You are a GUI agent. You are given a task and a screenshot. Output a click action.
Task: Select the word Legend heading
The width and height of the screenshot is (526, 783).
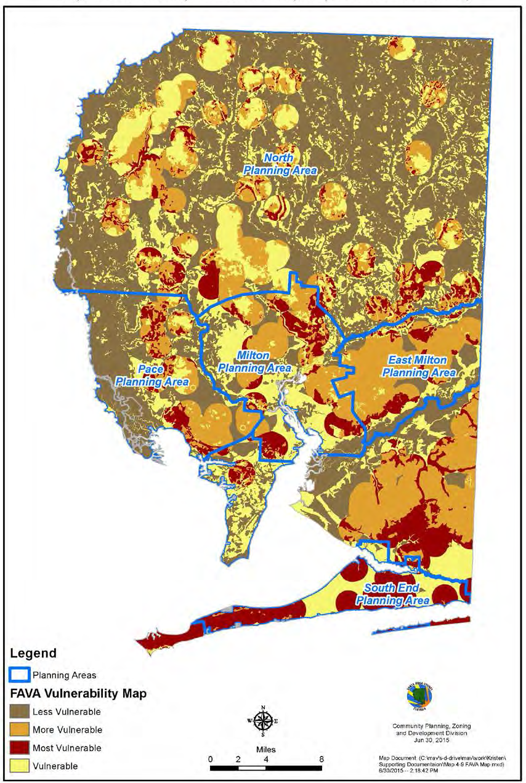click(33, 653)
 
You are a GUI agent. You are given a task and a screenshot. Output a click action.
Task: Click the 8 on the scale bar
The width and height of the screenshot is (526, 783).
click(322, 758)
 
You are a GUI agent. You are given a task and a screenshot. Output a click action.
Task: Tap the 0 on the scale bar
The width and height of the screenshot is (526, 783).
click(211, 758)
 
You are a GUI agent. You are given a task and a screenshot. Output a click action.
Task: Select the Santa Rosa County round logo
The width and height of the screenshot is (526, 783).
click(419, 696)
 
